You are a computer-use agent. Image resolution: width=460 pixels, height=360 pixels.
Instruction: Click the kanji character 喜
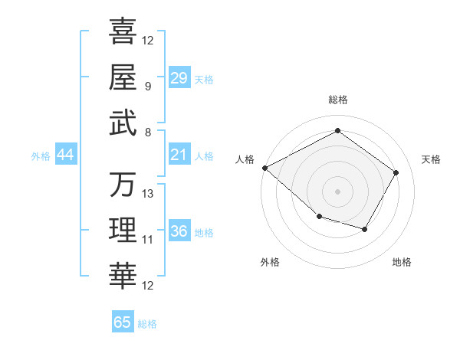click(123, 31)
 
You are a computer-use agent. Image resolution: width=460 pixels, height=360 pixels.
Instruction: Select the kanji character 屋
click(123, 77)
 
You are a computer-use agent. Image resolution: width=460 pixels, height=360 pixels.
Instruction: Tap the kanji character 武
click(123, 123)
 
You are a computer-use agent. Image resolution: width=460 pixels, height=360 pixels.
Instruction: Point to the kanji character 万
click(123, 185)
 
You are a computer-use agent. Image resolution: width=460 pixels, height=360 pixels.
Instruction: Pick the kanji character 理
click(123, 231)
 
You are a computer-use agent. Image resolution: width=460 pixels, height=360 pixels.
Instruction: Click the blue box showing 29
click(179, 78)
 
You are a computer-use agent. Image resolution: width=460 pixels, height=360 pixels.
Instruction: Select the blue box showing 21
click(179, 155)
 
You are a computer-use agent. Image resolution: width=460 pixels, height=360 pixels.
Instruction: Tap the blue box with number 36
click(179, 232)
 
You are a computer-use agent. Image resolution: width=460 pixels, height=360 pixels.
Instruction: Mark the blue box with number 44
click(65, 155)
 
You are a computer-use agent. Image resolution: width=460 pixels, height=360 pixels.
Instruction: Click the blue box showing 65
click(123, 322)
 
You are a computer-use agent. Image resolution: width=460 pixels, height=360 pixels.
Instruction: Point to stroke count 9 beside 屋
click(147, 86)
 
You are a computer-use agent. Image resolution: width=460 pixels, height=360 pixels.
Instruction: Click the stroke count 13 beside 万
click(148, 193)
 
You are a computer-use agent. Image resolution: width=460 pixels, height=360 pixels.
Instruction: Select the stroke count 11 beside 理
click(148, 240)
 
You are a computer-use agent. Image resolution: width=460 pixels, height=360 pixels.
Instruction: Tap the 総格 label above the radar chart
click(337, 100)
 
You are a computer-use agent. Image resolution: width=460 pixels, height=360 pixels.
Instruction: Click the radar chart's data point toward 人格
click(264, 167)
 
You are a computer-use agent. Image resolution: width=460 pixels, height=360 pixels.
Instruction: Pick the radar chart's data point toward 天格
click(396, 172)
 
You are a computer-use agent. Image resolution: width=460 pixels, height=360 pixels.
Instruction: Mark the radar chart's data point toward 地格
click(365, 229)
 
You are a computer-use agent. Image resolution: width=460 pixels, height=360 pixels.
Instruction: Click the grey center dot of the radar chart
click(337, 191)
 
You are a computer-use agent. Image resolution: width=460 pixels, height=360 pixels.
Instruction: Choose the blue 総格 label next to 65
click(147, 324)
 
